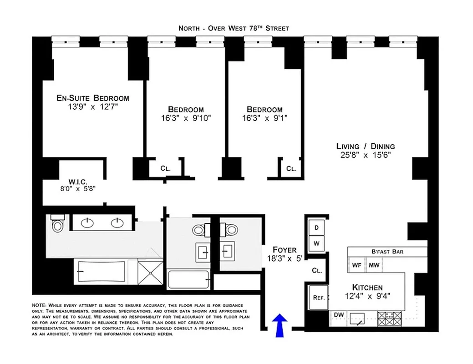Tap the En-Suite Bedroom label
tap(93, 98)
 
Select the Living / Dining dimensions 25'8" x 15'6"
tap(366, 155)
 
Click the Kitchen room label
tap(367, 288)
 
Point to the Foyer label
tap(285, 250)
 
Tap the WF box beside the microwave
tap(356, 265)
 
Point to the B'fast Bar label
tap(387, 252)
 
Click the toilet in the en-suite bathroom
tap(57, 224)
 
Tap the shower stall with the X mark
tap(150, 272)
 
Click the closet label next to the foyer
tap(317, 270)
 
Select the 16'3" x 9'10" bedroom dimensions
tap(186, 117)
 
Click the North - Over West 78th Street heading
tap(234, 28)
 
